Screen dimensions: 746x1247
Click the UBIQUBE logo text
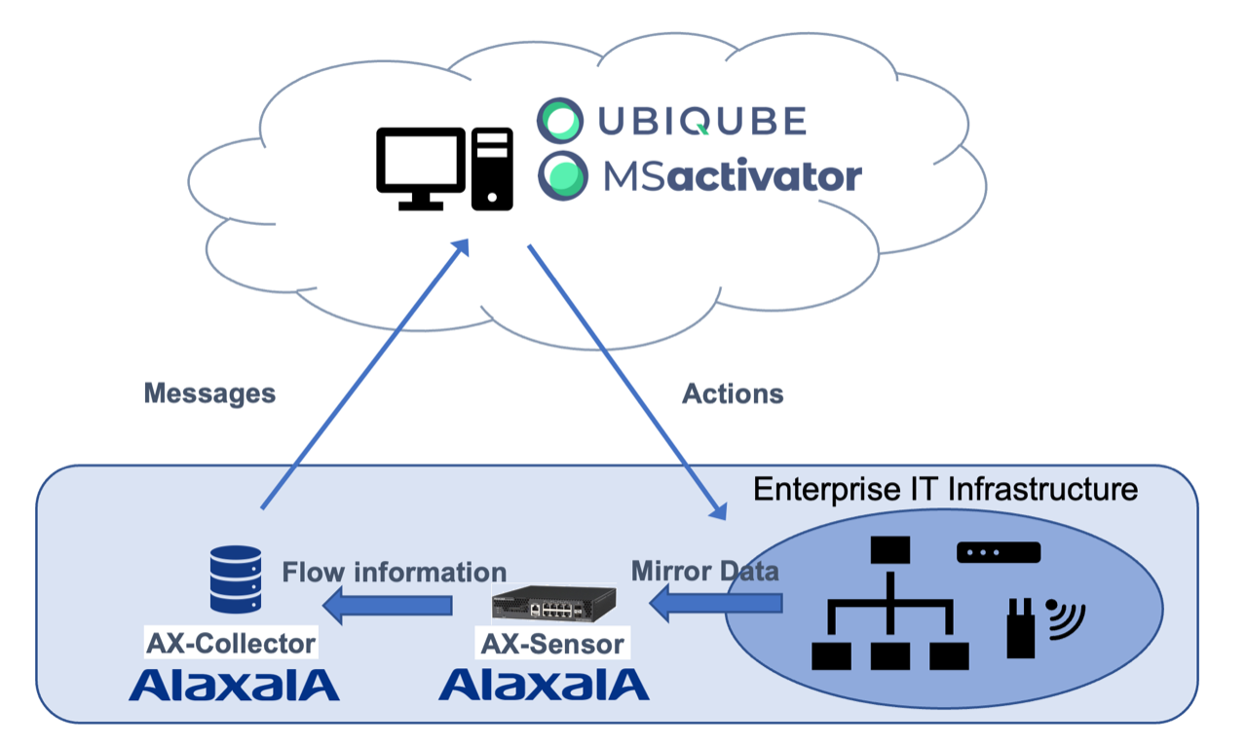[701, 121]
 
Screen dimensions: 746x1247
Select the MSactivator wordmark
[732, 177]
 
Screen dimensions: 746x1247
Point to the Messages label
[209, 393]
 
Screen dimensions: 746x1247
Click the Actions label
[733, 393]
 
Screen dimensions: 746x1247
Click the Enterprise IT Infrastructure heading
[945, 488]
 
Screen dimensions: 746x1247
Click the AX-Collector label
[231, 643]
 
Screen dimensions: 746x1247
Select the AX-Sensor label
[551, 643]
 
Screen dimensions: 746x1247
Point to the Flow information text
[394, 572]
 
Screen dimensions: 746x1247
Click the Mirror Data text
[705, 571]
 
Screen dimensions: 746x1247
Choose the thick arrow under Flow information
[388, 607]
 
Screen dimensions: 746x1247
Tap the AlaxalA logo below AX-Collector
[234, 685]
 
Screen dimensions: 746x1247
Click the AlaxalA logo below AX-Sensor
[544, 685]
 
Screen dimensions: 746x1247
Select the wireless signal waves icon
[1065, 618]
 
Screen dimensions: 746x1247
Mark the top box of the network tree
[889, 551]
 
